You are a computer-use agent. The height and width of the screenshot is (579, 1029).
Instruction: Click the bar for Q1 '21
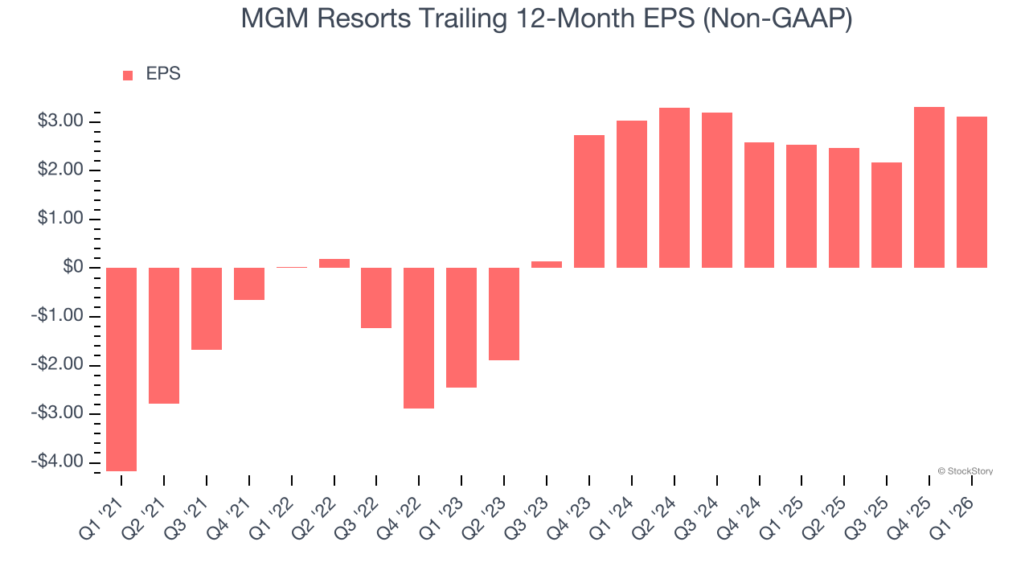(x=121, y=369)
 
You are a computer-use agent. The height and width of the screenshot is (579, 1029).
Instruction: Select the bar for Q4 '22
(x=419, y=338)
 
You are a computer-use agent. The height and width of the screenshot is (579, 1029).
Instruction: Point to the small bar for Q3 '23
(x=547, y=264)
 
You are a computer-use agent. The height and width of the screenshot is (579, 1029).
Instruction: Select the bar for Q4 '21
(x=249, y=284)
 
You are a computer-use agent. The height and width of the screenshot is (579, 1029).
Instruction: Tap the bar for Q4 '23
(x=589, y=201)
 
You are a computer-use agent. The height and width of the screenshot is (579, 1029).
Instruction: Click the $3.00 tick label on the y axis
(x=60, y=121)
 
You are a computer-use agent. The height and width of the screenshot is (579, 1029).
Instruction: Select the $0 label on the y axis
(x=73, y=267)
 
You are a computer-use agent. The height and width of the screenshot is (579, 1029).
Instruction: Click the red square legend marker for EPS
(x=128, y=76)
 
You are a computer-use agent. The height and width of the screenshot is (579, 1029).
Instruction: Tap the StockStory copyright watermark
(x=965, y=471)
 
